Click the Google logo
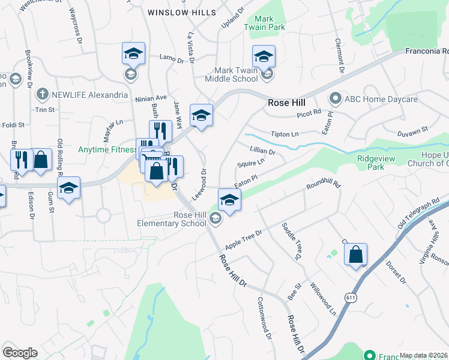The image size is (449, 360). click(20, 353)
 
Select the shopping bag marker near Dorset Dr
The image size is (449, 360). click(356, 254)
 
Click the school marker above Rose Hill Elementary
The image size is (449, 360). click(229, 200)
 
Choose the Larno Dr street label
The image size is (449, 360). click(171, 58)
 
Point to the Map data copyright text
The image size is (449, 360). click(423, 355)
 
